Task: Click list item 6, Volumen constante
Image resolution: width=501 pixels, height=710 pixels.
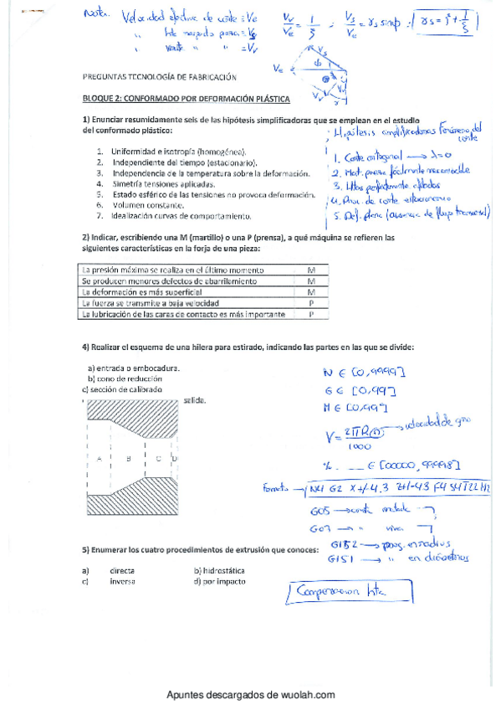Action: click(146, 204)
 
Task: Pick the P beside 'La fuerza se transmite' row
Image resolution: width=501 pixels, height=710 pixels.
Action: click(310, 303)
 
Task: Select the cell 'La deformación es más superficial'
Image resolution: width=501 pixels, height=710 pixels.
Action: click(142, 292)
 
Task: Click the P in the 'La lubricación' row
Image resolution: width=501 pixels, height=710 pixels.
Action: click(310, 314)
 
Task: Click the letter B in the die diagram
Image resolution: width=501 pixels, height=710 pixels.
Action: click(128, 459)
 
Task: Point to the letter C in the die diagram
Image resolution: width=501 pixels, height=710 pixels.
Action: click(158, 459)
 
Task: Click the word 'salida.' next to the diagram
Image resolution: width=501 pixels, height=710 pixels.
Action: click(194, 400)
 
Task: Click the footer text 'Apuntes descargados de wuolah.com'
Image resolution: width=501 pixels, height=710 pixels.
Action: click(250, 695)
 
